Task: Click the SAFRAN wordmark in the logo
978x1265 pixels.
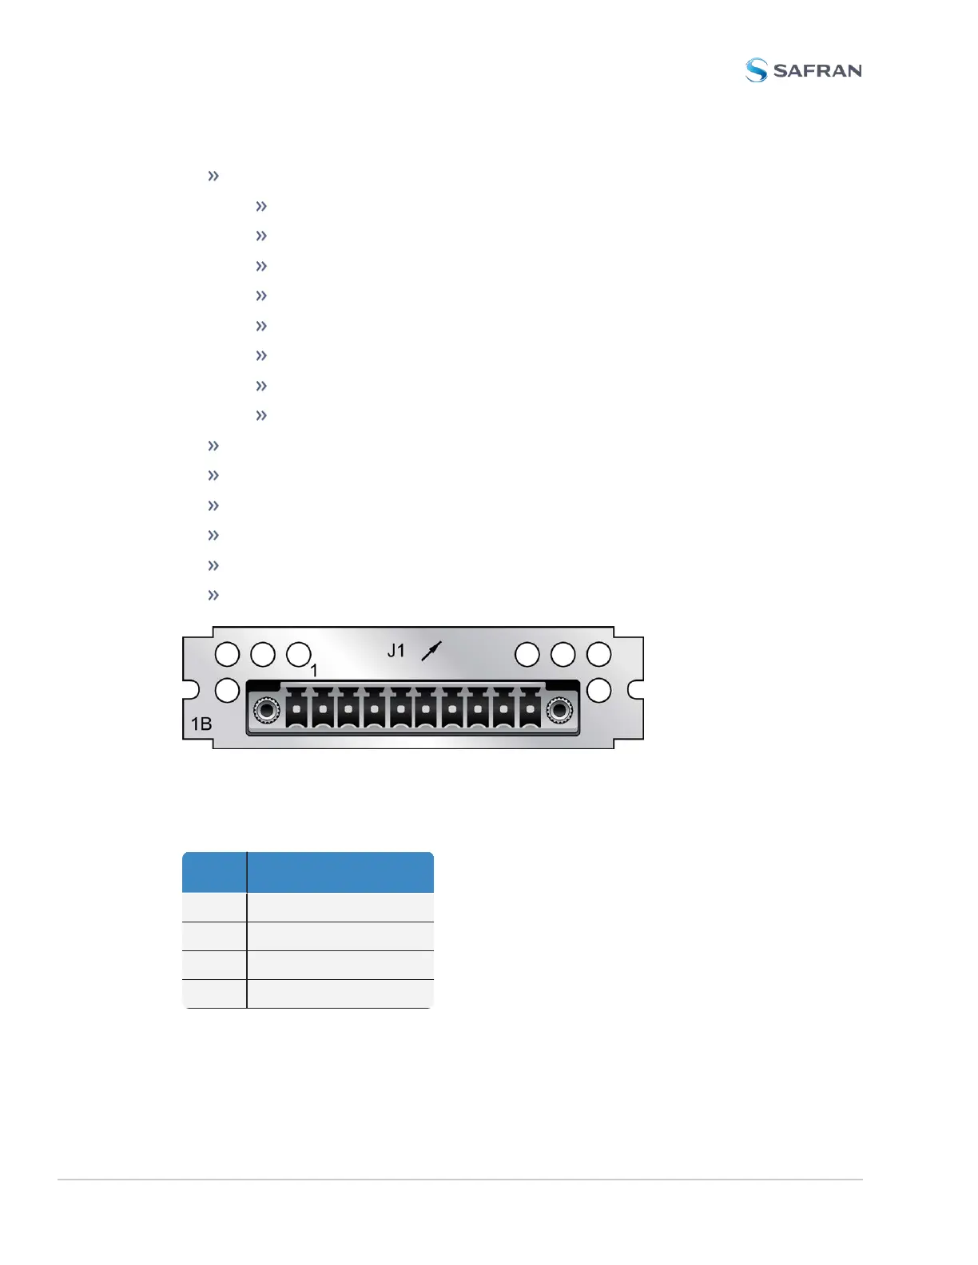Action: [x=817, y=71]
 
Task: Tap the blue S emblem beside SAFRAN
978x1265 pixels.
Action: [x=756, y=70]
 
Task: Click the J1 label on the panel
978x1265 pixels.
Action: [x=396, y=651]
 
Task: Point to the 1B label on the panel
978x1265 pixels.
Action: [x=201, y=724]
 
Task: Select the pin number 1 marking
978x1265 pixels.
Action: [x=314, y=671]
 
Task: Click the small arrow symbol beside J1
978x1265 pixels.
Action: [x=431, y=652]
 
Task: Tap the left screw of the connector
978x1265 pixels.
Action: [x=265, y=709]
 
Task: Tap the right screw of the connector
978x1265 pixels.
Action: [x=559, y=709]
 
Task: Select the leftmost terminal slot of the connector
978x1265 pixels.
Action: [x=296, y=709]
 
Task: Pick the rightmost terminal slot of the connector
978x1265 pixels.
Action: [x=530, y=709]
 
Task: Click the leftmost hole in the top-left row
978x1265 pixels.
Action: [x=228, y=655]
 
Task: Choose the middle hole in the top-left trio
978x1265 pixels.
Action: [x=263, y=655]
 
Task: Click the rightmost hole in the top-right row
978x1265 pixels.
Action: [x=598, y=655]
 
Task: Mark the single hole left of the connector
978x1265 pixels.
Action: [x=228, y=690]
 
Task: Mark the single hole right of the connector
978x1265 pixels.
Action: [x=598, y=690]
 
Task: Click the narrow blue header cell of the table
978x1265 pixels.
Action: [x=214, y=872]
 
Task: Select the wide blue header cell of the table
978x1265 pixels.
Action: [x=340, y=872]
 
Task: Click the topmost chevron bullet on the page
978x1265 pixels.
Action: [x=213, y=176]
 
